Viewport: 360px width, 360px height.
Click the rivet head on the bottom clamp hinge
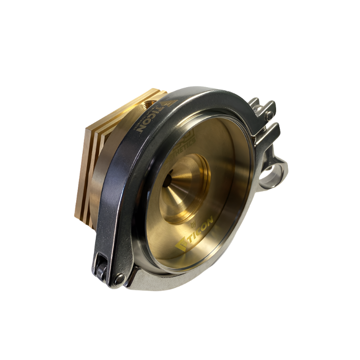119,279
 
